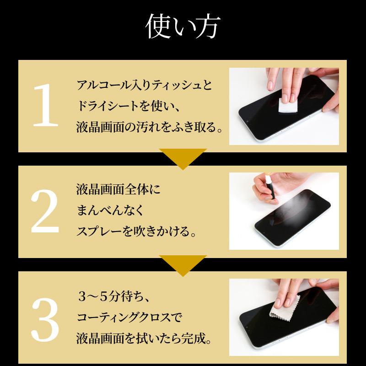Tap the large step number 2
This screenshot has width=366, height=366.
45,211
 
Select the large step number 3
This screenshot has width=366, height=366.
45,318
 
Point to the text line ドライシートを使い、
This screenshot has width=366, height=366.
128,106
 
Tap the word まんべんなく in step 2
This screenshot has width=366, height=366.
110,211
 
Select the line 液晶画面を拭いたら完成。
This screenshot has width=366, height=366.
144,339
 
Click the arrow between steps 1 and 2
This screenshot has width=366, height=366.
183,158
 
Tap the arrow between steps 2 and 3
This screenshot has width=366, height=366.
183,264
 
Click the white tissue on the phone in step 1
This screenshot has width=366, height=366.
288,107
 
